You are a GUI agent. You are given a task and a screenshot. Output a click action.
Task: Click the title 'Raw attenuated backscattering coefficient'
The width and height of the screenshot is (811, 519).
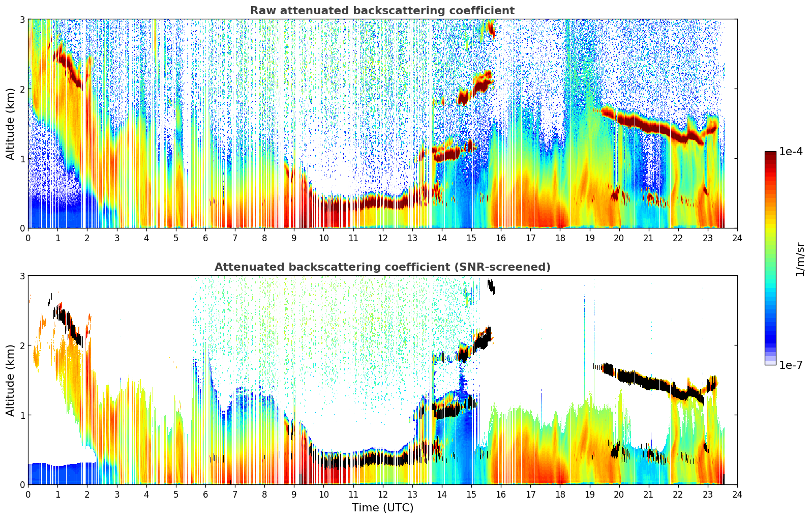coord(382,11)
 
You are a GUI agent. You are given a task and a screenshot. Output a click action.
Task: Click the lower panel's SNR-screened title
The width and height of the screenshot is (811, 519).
coord(382,267)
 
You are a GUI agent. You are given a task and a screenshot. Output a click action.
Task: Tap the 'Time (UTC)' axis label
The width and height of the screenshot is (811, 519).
coord(382,508)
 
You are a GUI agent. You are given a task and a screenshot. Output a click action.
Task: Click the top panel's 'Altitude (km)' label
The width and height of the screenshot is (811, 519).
coord(11,124)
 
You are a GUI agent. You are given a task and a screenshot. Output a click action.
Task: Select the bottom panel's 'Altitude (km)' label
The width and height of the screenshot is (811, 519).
coord(11,380)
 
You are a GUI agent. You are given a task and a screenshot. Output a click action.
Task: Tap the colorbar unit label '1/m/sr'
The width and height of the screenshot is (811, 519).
coord(800,258)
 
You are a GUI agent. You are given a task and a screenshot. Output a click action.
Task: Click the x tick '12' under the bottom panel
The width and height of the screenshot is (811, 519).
coord(382,495)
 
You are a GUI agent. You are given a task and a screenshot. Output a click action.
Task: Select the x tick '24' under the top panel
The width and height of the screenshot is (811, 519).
coord(737,238)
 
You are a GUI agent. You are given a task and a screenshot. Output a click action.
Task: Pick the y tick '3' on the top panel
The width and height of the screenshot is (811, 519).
coord(22,19)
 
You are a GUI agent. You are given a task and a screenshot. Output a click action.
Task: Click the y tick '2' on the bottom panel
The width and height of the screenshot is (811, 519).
coord(22,345)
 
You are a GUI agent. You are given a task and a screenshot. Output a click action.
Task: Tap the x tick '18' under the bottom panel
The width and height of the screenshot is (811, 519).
coord(560,495)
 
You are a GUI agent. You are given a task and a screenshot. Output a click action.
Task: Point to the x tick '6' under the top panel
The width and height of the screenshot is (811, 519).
coord(205,238)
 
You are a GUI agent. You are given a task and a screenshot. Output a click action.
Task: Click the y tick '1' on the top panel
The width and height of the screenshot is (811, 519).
coord(22,159)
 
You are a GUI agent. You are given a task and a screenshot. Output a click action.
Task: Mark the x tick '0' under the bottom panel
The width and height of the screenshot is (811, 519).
coord(28,495)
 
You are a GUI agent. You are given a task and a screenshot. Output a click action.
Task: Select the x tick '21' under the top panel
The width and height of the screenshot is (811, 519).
coord(648,238)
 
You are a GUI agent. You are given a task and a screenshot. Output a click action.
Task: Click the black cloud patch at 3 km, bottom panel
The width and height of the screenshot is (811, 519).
coord(491,286)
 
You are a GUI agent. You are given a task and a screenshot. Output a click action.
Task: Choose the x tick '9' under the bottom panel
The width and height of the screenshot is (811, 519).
coord(294,495)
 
